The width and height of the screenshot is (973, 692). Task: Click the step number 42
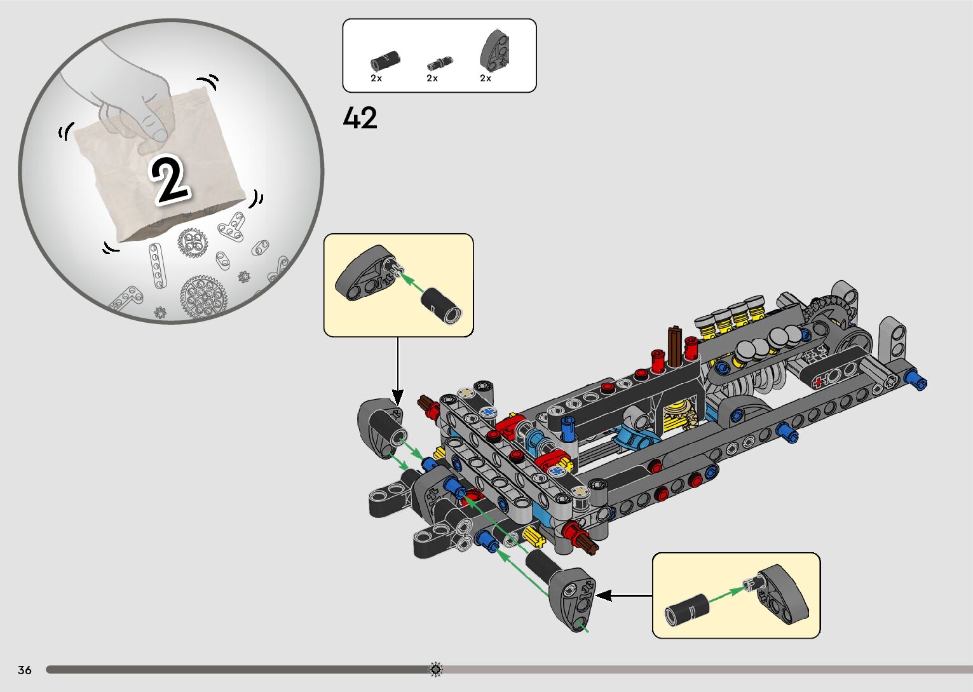click(x=360, y=118)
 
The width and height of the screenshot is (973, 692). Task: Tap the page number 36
click(x=25, y=670)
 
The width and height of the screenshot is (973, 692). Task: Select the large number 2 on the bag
click(x=170, y=180)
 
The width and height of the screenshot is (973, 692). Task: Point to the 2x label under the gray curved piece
click(x=486, y=78)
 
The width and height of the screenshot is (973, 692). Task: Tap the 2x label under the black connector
click(x=376, y=78)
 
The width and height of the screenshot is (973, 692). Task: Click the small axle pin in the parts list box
click(x=439, y=63)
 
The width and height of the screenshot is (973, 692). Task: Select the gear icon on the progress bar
click(x=436, y=669)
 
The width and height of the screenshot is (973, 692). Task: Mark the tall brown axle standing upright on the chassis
click(x=674, y=346)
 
